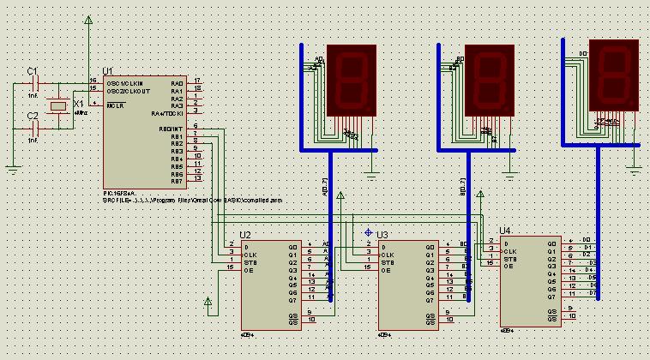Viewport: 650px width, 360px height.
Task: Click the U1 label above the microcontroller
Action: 107,71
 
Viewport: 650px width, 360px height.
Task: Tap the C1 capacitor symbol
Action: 35,83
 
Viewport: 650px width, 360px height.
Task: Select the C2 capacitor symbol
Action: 35,129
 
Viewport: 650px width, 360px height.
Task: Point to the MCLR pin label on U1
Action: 116,105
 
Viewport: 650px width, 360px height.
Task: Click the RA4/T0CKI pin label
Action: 167,113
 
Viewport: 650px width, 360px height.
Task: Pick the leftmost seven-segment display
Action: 352,81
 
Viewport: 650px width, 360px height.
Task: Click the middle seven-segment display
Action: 488,81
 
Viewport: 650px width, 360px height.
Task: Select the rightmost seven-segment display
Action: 614,75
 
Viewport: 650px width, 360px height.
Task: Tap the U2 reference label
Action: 245,234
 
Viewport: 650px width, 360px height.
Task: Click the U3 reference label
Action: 382,234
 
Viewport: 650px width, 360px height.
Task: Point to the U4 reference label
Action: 504,231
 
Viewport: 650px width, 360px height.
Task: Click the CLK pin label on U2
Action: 250,254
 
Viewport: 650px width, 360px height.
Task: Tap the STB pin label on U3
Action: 388,261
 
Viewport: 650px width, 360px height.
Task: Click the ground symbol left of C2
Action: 12,169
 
